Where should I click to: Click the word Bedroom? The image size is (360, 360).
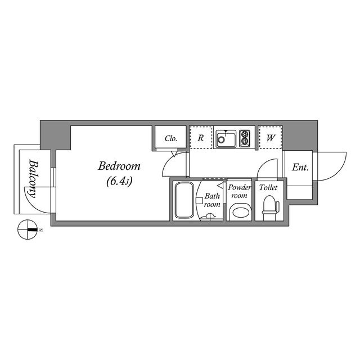pyautogui.click(x=119, y=166)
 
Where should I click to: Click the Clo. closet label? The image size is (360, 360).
pyautogui.click(x=171, y=138)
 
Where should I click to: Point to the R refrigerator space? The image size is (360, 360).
pyautogui.click(x=200, y=138)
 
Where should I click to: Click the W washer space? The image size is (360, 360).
pyautogui.click(x=271, y=138)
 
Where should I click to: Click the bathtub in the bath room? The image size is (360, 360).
pyautogui.click(x=184, y=200)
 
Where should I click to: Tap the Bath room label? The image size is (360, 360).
pyautogui.click(x=212, y=200)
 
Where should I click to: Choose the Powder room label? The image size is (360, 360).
pyautogui.click(x=239, y=191)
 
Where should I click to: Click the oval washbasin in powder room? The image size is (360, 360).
pyautogui.click(x=241, y=212)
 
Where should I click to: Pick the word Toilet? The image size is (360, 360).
pyautogui.click(x=269, y=188)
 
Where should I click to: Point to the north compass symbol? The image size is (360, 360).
pyautogui.click(x=27, y=230)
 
